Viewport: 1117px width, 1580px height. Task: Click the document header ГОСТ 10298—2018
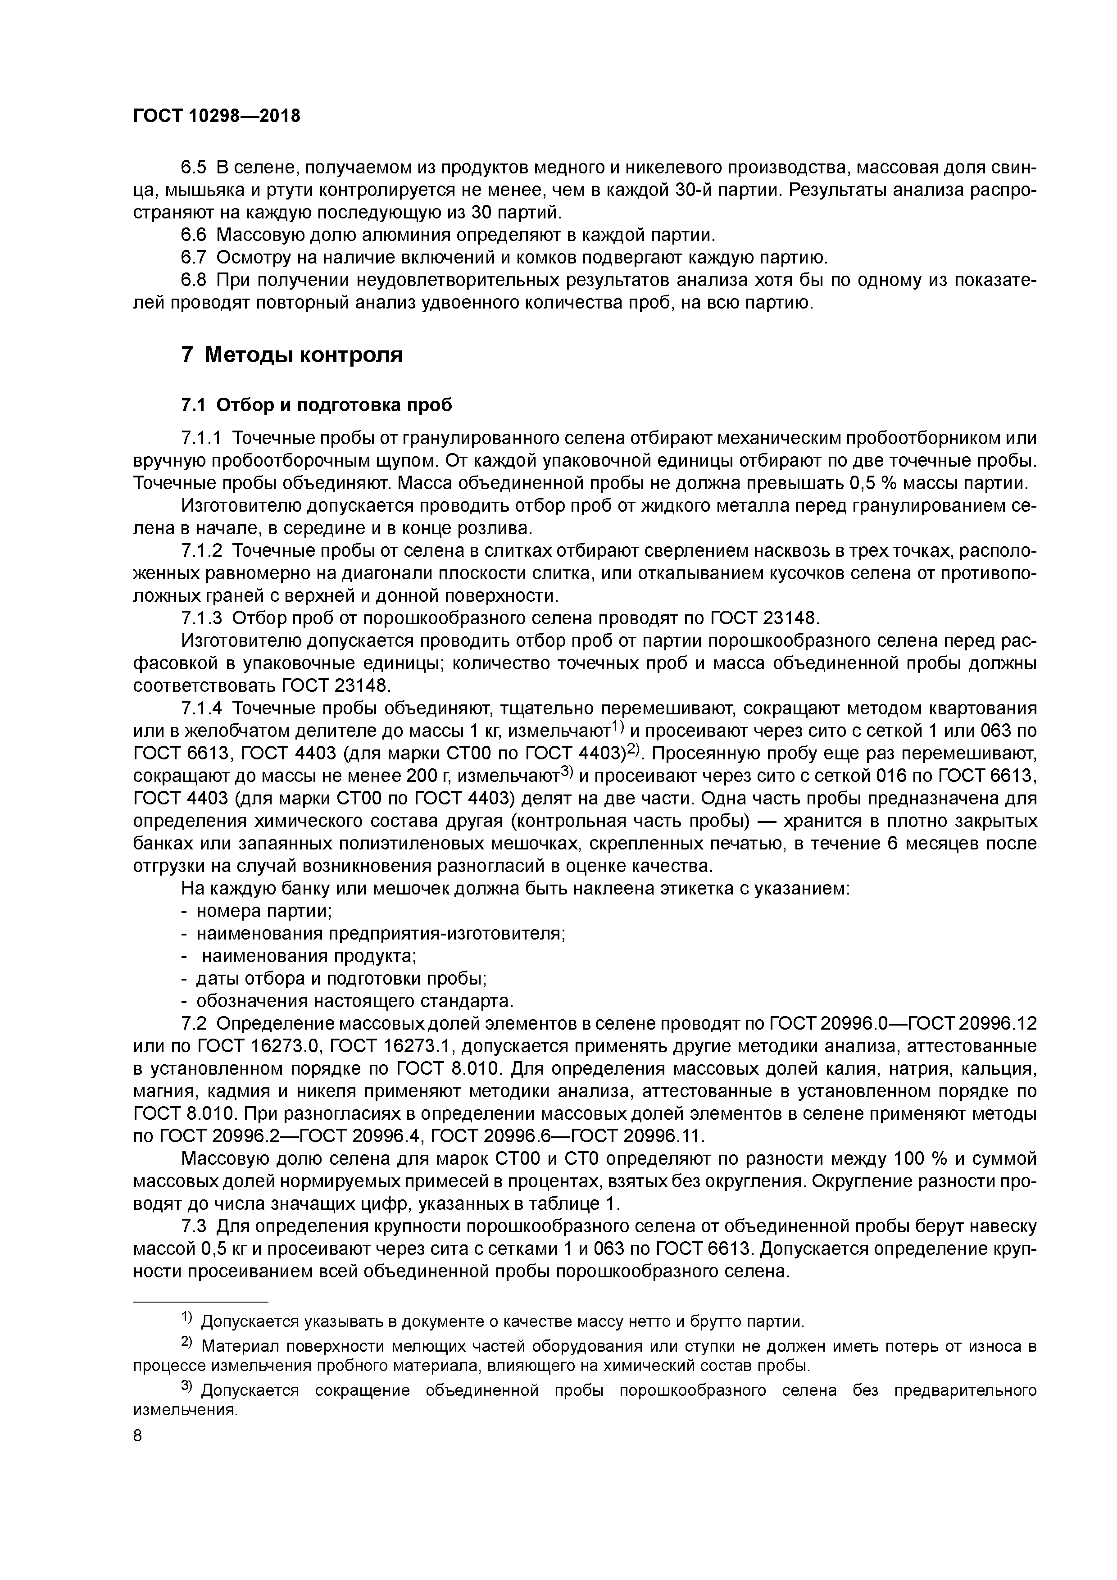coord(216,116)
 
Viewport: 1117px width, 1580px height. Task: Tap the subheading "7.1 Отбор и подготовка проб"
coord(317,405)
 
